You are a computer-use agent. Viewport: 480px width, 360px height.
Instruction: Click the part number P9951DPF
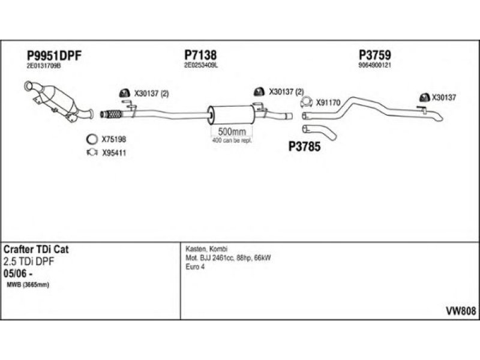[54, 56]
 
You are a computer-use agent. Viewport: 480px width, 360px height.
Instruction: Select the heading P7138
[200, 55]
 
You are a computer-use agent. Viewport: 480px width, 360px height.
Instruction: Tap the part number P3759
[374, 55]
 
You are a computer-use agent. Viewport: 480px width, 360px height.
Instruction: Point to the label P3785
[304, 146]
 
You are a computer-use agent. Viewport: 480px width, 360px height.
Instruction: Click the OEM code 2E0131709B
[44, 66]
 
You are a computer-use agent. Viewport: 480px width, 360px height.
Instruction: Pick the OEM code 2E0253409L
[201, 65]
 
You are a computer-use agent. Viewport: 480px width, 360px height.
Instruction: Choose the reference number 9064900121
[374, 65]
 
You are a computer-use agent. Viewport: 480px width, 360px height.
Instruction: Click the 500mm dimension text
[232, 132]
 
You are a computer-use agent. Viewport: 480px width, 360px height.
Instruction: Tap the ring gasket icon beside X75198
[92, 139]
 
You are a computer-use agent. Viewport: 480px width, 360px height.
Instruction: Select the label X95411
[114, 153]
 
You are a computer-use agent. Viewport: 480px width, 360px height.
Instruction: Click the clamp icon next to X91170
[306, 102]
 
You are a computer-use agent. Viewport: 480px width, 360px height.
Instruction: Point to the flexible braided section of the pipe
[112, 114]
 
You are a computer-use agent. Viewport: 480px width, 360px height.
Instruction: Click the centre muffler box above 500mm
[232, 115]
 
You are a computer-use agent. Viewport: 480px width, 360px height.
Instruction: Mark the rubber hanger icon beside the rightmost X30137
[424, 97]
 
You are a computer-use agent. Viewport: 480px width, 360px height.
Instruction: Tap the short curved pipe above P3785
[320, 133]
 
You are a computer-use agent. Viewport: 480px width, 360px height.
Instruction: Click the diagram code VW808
[461, 311]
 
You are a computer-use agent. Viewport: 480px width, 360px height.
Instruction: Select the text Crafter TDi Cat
[36, 249]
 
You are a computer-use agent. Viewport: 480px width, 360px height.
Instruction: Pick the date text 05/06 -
[18, 274]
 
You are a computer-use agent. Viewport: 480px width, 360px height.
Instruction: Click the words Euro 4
[195, 266]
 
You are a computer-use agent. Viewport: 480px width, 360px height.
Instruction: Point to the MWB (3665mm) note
[28, 285]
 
